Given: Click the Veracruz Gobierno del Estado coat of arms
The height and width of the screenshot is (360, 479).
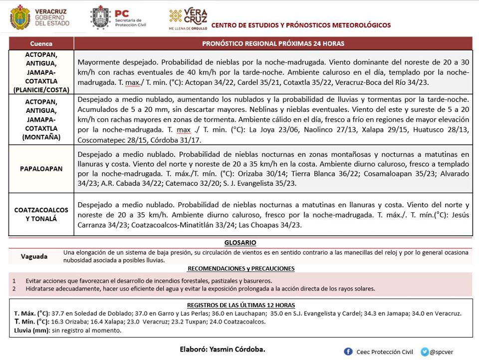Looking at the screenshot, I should [20, 17].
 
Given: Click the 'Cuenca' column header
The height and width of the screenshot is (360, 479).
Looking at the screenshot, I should [41, 43].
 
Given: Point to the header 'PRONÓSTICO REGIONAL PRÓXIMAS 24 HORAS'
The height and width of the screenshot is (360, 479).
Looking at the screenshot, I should [273, 43].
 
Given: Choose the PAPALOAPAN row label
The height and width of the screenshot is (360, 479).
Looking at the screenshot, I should [41, 169].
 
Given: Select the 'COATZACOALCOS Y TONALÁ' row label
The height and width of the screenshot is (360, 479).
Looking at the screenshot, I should [41, 215].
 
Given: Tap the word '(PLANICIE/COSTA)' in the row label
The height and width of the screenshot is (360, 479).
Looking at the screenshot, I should [41, 90].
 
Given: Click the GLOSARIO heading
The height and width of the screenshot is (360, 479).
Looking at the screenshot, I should [240, 243].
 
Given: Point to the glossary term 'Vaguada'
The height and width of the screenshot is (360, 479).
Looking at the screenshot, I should [34, 257].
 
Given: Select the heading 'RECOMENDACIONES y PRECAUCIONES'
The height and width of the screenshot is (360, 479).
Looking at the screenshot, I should [241, 269].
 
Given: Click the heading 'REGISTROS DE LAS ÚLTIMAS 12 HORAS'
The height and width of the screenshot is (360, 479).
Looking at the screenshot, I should [241, 305].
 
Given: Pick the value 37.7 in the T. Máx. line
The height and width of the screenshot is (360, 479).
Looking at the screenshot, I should [53, 314].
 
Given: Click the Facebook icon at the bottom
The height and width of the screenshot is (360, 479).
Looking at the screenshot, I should [348, 352].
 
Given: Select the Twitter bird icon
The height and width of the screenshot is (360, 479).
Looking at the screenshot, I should [425, 352].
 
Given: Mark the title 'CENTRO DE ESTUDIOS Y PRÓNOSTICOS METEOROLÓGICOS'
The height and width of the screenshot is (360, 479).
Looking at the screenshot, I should [301, 25].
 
